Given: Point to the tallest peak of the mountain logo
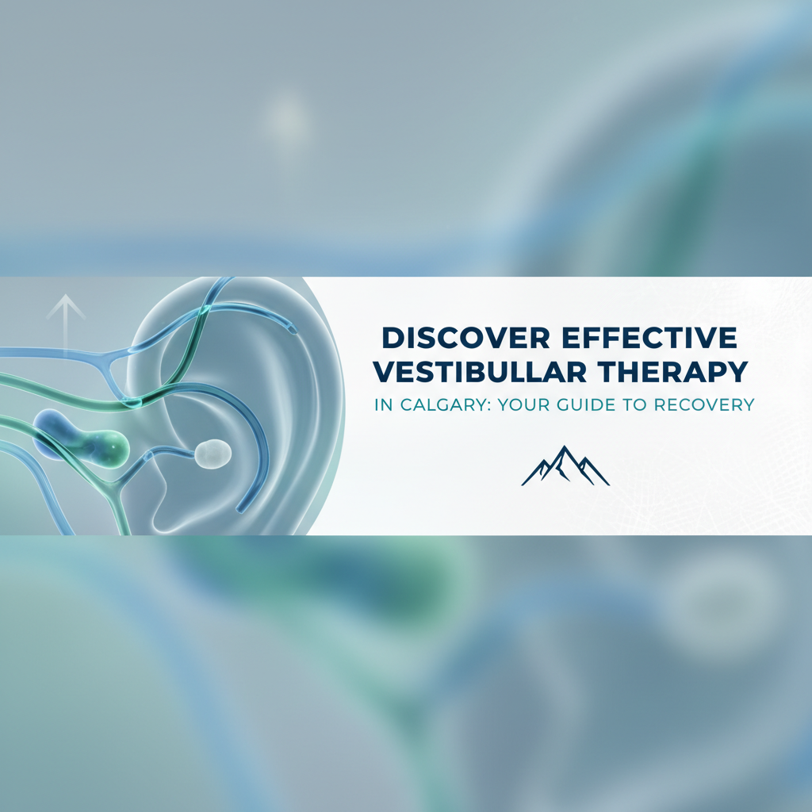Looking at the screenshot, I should (565, 449).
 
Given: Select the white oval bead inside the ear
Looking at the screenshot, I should (214, 453).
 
